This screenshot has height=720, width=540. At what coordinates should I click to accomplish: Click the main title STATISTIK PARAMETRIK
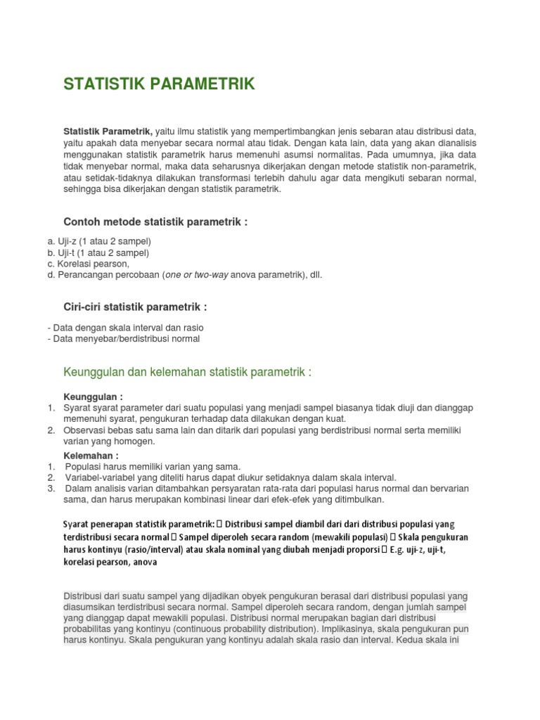coord(159,84)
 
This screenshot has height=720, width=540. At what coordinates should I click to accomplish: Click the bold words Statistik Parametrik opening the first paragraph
coord(108,131)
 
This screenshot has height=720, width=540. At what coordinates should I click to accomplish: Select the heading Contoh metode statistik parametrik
coord(155,222)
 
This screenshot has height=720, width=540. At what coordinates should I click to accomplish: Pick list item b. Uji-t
coord(98,252)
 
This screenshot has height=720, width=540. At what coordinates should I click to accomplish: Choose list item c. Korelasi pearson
coord(89,264)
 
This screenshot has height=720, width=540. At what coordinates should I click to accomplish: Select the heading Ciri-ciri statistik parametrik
coord(135,307)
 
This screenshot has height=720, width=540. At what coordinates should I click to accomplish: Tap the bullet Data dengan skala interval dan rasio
coord(125,328)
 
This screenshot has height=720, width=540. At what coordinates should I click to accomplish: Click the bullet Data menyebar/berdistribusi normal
coord(124,339)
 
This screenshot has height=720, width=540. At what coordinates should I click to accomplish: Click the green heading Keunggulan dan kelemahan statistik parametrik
coord(187,372)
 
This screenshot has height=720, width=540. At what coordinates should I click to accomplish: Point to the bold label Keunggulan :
coord(93,397)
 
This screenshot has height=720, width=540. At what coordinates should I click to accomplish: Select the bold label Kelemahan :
coord(91,456)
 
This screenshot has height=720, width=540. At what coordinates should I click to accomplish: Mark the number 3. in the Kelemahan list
coord(51,489)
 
